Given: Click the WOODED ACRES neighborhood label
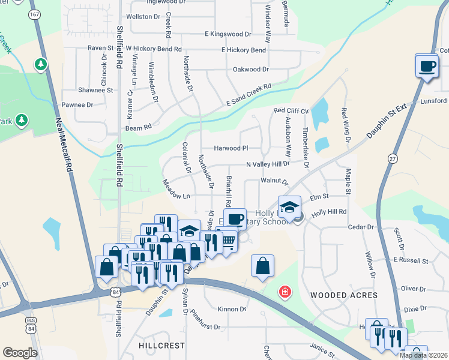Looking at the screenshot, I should coord(344,295).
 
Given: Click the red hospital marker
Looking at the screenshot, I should coord(285,292).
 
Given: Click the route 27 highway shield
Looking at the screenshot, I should coord(393,158).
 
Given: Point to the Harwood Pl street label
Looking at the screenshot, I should coord(231,148).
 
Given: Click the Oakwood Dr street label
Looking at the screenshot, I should coord(251,70).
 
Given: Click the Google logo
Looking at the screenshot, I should coord(20,353).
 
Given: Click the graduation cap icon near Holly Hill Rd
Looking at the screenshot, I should coord(289,208).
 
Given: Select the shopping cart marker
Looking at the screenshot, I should coord(228,241).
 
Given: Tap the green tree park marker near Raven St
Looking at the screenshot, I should coord(40,64).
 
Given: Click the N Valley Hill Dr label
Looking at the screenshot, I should coord(268,163).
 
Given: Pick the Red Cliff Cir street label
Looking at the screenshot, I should coord(291,111).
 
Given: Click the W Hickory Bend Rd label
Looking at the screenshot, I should coord(153,48).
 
